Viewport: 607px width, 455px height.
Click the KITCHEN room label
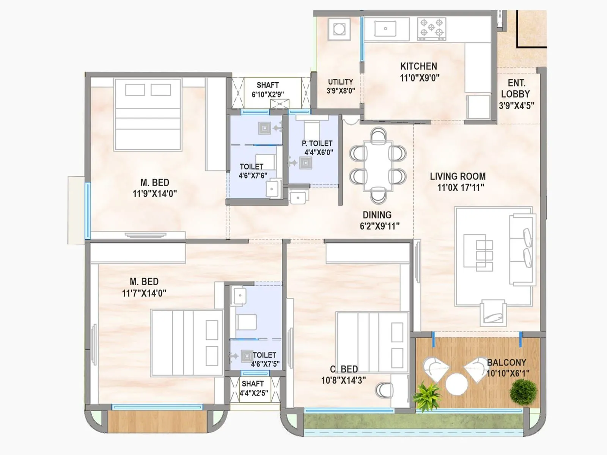[x=418, y=66]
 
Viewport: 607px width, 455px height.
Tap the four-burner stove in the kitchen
[x=431, y=28]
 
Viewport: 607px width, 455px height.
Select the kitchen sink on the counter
[x=385, y=28]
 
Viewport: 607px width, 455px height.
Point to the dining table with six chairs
[x=377, y=166]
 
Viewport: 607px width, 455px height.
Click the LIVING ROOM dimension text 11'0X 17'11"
[x=460, y=187]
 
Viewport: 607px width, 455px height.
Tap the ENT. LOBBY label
[x=516, y=88]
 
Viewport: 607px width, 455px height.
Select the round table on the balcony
[x=456, y=384]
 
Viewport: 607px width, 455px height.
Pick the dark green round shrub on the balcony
[x=523, y=391]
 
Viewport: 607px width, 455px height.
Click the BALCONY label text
[x=506, y=362]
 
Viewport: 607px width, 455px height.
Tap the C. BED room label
[x=344, y=369]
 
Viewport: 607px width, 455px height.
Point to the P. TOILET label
[x=317, y=143]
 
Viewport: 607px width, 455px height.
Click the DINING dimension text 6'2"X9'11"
[x=379, y=226]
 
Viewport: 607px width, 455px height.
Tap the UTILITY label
[x=340, y=82]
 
